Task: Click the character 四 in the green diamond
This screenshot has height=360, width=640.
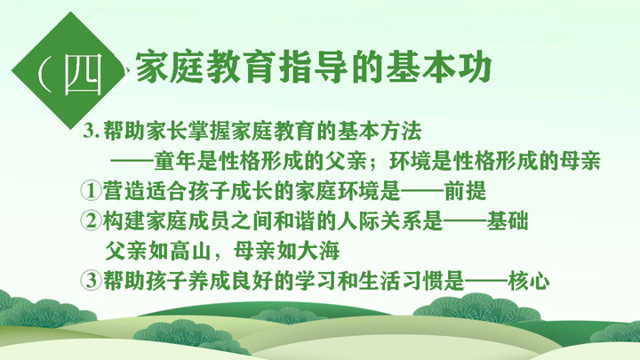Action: (x=83, y=74)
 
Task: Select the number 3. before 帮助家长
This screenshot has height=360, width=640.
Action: (x=92, y=131)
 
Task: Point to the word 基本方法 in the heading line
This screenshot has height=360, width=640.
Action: (x=380, y=131)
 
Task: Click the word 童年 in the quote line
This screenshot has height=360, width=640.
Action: (x=175, y=161)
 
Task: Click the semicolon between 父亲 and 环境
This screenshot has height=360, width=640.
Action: (x=378, y=163)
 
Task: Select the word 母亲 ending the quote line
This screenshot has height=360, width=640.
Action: (x=580, y=161)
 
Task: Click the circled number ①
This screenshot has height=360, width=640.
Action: (x=91, y=190)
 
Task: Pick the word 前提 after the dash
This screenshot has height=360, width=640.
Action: (x=465, y=190)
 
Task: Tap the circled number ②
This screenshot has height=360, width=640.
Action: (x=91, y=220)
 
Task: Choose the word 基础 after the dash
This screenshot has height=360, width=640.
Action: (x=508, y=220)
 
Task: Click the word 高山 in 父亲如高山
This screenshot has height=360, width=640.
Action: (x=191, y=251)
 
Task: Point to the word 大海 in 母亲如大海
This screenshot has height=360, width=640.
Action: (x=319, y=251)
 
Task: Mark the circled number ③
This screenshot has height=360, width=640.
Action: (x=91, y=280)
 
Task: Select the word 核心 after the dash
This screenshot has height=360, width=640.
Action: (x=529, y=280)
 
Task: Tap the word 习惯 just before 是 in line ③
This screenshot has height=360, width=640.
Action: (x=422, y=280)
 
